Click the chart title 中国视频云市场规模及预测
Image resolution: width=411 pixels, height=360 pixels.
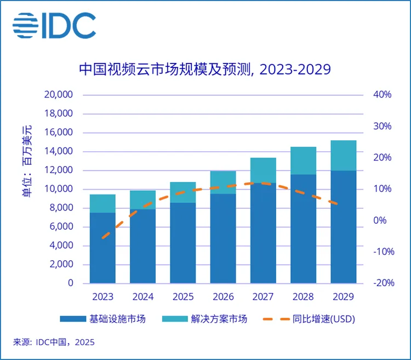coord(205,70)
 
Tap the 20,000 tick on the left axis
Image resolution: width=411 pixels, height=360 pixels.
coord(58,95)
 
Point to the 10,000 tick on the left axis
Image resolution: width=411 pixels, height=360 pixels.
coord(58,189)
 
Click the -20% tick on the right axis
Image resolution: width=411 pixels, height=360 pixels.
coord(383,283)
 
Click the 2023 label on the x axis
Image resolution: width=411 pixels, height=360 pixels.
coord(102,297)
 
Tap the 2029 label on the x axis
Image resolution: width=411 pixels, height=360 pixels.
coord(343,297)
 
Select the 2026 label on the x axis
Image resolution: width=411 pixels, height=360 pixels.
coord(222,297)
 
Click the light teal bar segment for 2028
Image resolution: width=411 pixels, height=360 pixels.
coord(303,161)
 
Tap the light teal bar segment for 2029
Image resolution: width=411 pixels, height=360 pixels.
coord(343,156)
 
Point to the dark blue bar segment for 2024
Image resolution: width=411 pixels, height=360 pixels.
coord(142,247)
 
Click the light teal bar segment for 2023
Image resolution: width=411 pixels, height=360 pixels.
coord(102,203)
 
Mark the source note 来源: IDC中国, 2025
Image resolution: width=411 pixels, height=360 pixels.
coord(54,342)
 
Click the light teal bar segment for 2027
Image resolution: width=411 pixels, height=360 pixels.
coord(263,170)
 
